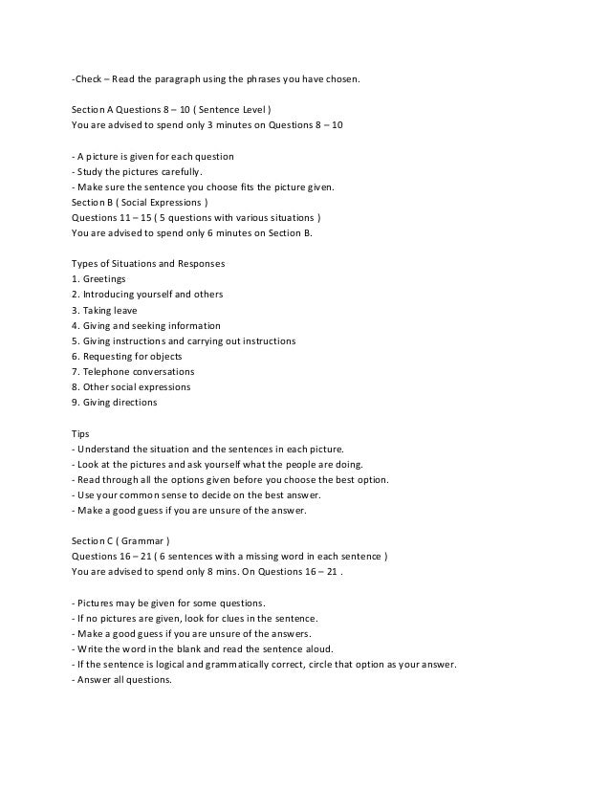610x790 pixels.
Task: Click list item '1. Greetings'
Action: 99,278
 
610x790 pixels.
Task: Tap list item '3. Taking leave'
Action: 104,310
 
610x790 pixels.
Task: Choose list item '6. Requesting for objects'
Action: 127,356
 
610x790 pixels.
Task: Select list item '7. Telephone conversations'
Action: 133,371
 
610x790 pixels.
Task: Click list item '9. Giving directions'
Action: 114,403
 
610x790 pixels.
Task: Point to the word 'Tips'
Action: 81,433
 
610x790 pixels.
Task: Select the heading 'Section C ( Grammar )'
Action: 120,540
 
